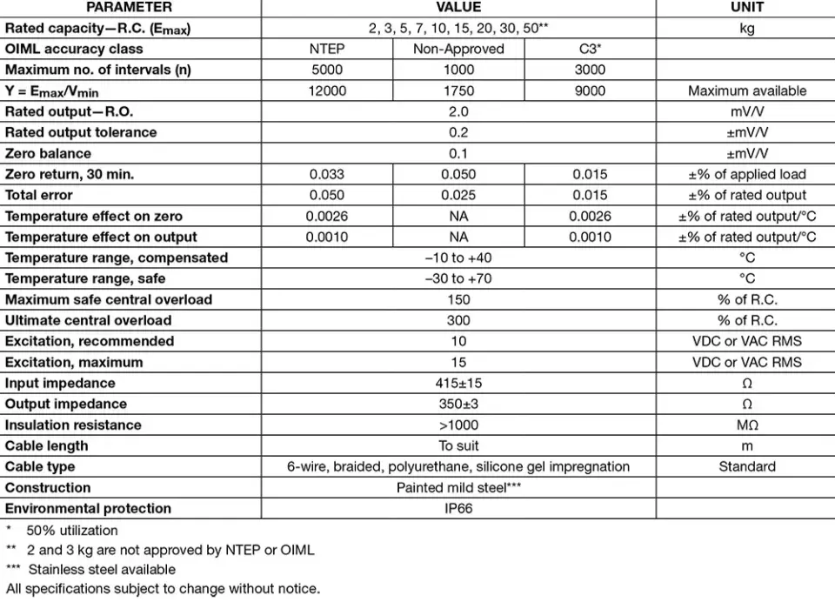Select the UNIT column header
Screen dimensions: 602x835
(746, 7)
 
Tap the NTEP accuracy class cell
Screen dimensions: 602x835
(326, 49)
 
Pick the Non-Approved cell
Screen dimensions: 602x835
(458, 49)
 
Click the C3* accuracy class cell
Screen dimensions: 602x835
(590, 49)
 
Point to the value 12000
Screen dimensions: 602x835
(326, 90)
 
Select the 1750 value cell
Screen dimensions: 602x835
(458, 90)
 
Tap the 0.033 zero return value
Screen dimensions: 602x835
(326, 174)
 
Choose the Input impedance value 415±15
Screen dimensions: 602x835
(458, 383)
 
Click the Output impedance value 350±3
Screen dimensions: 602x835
(458, 404)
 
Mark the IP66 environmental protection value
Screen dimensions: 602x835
(458, 508)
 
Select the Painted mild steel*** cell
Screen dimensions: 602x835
(458, 487)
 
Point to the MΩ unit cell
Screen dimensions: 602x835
(746, 425)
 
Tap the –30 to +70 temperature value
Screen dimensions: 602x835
(458, 278)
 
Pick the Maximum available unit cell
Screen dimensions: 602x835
(746, 90)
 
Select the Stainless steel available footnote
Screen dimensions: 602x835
(101, 570)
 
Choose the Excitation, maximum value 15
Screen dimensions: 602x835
(458, 362)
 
